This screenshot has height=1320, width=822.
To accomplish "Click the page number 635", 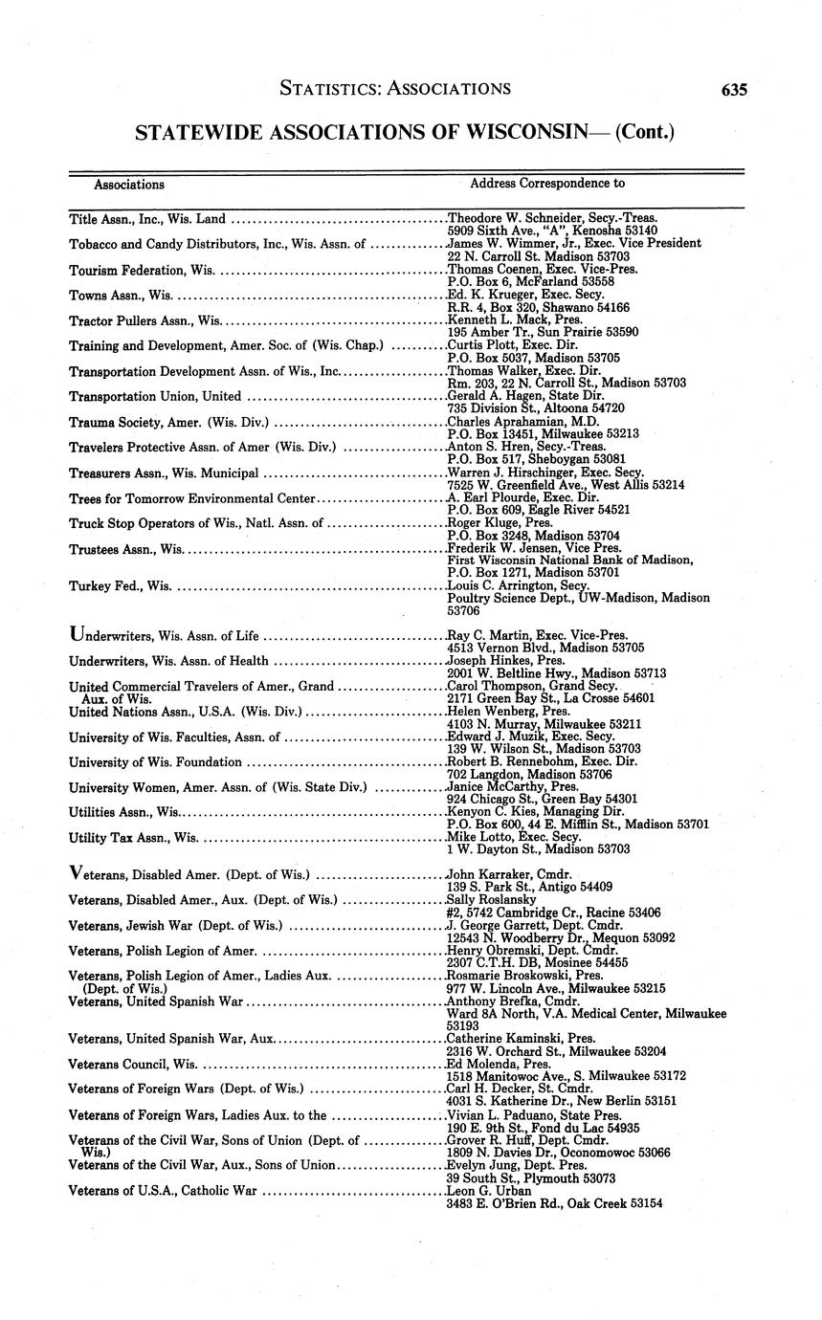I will point(734,90).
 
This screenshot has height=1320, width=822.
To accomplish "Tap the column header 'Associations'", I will point(129,184).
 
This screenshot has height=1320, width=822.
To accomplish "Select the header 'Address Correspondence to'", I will point(547,182).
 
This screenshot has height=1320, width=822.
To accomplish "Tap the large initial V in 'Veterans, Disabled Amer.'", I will point(78,872).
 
